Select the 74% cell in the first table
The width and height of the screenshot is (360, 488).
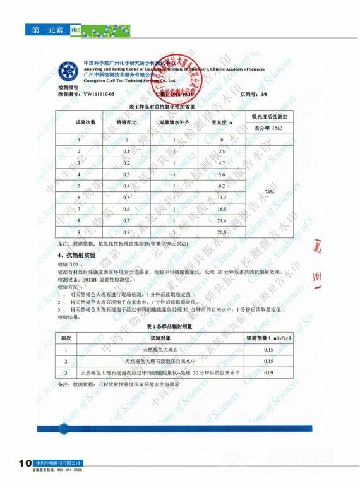(270, 191)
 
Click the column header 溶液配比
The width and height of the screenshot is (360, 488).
(130, 121)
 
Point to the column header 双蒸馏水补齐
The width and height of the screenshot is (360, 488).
(174, 121)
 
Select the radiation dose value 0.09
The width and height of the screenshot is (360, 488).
(268, 373)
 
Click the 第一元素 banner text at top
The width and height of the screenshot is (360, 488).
(44, 30)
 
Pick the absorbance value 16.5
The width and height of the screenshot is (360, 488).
(222, 208)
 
